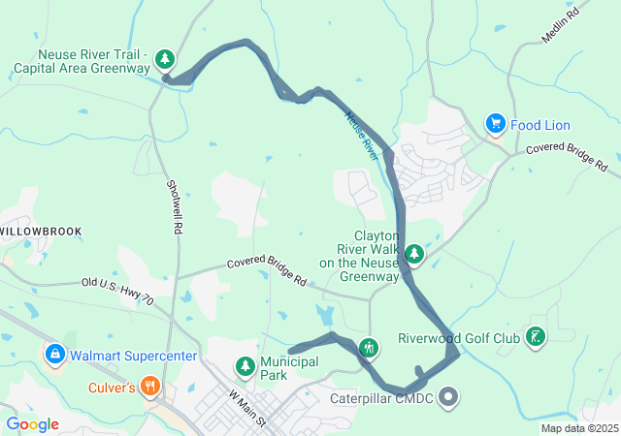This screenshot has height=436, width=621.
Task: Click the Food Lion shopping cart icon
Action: coord(496,124)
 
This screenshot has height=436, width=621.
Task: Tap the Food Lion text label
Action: coord(540,125)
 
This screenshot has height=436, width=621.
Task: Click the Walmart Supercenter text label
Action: coord(133,356)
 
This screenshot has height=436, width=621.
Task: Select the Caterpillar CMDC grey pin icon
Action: coord(448,395)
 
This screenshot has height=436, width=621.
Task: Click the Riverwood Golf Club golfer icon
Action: coord(535,338)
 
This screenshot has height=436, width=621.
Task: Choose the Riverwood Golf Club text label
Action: coord(459,339)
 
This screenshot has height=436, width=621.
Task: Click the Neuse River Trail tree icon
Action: coord(166,60)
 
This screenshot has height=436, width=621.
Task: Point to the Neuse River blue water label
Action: coord(361,135)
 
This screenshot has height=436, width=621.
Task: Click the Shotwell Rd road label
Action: coord(175,207)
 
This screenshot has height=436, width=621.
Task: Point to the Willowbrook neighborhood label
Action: coord(41,232)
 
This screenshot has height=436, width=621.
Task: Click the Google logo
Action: coord(33,423)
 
